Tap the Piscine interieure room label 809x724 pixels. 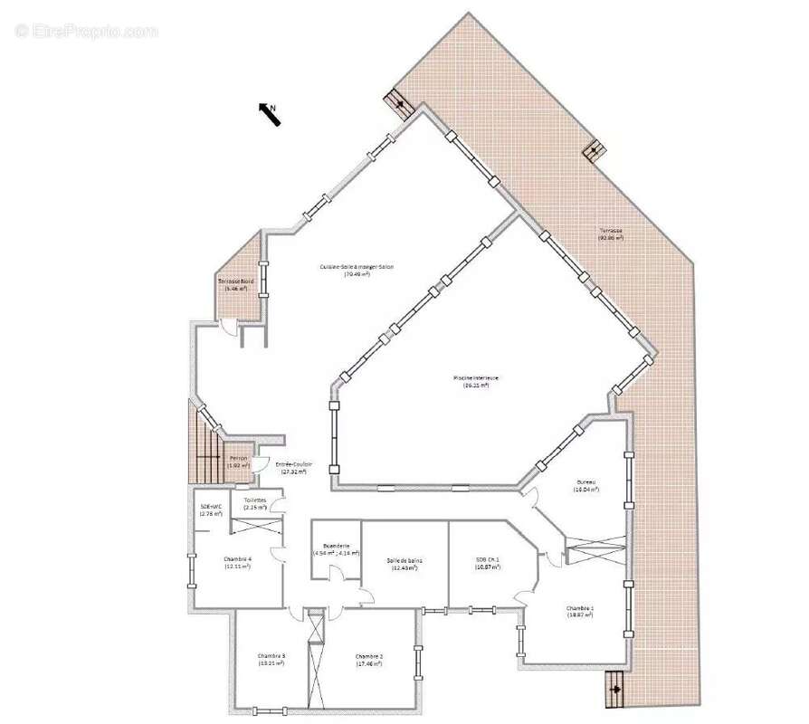[476, 381]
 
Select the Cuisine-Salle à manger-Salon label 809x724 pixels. [357, 270]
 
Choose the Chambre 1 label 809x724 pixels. [580, 611]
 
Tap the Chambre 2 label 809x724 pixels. [369, 659]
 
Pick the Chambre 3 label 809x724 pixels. [271, 659]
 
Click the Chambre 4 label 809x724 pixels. [237, 562]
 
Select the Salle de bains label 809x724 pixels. [404, 564]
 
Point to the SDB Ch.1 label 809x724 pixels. [487, 562]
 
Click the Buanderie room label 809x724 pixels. [336, 549]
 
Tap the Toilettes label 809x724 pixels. [254, 503]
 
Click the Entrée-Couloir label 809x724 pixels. [293, 468]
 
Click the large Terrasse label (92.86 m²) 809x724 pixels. [611, 233]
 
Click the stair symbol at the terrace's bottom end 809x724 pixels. [615, 689]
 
